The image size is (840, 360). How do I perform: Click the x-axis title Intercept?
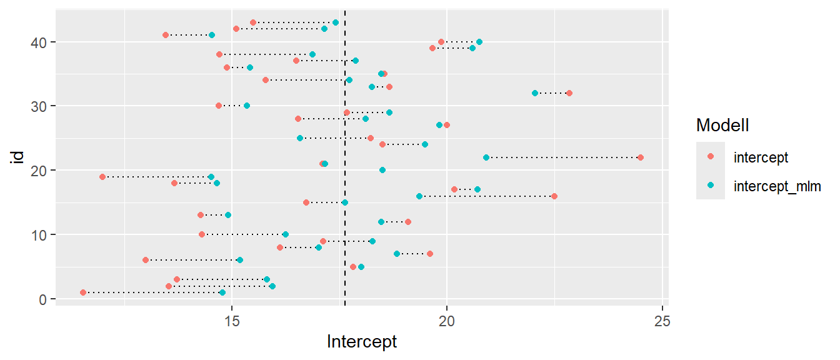(x=362, y=342)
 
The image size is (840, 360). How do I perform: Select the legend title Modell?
(x=722, y=126)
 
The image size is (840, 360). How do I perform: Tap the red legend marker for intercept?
(x=711, y=157)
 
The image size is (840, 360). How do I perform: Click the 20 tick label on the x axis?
(x=446, y=317)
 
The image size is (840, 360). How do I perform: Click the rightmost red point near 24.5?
(x=640, y=157)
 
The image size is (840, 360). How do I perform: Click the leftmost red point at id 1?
(x=83, y=292)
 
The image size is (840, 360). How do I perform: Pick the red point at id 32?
(x=569, y=93)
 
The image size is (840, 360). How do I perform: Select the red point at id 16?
(x=554, y=196)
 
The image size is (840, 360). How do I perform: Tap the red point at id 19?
(x=102, y=177)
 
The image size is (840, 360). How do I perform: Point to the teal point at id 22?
(x=486, y=157)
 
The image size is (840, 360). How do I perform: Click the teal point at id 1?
(x=222, y=292)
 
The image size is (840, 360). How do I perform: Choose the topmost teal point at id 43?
(x=336, y=22)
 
